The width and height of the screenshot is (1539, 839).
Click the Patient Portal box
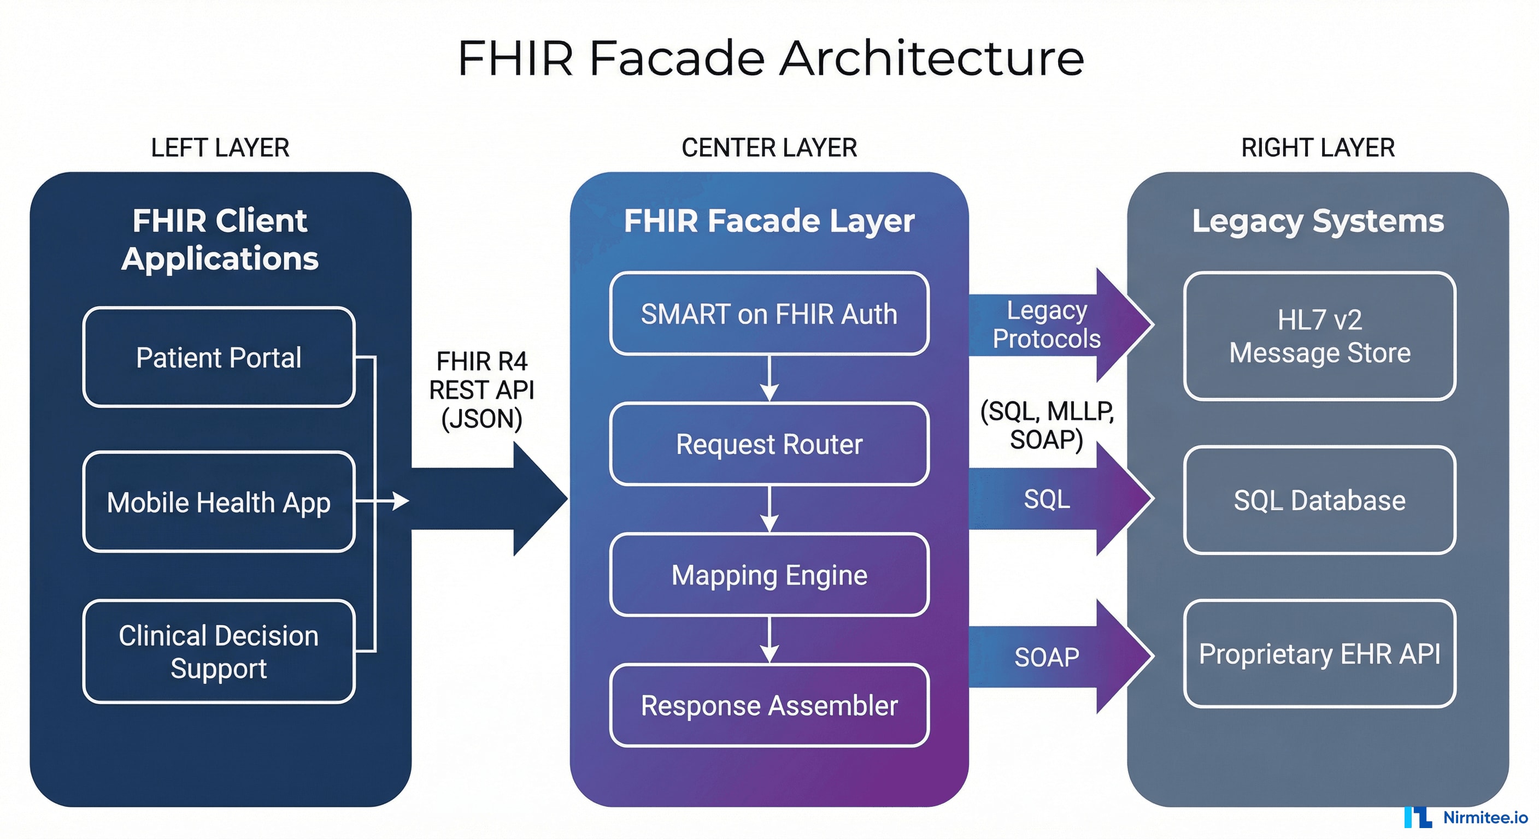coord(219,358)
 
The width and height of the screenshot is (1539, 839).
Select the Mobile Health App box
coord(219,502)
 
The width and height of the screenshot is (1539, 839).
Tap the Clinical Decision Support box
coord(219,652)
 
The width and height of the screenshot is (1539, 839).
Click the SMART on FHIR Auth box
coord(769,314)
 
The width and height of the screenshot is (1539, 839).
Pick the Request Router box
coord(769,444)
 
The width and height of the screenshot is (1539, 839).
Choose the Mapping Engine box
coord(769,575)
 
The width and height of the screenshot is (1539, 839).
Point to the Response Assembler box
coord(769,705)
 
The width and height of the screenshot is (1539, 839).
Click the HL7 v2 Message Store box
coord(1319,336)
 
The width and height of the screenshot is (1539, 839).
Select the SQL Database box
coord(1319,500)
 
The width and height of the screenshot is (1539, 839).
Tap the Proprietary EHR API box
coord(1319,654)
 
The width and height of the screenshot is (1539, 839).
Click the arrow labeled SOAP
coord(1052,657)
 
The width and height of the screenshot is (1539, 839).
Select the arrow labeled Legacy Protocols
coord(1052,325)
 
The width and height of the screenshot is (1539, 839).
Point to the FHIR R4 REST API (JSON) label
coord(481,390)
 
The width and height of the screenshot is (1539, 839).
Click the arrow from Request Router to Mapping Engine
coord(769,509)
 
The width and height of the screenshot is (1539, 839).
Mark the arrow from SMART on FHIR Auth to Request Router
coord(769,379)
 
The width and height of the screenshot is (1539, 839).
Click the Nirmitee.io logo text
coord(1485,817)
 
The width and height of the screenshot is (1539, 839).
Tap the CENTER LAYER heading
coord(769,147)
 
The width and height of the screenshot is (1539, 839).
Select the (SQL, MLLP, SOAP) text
coord(1047,425)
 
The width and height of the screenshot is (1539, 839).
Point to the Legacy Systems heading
coord(1318,221)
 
